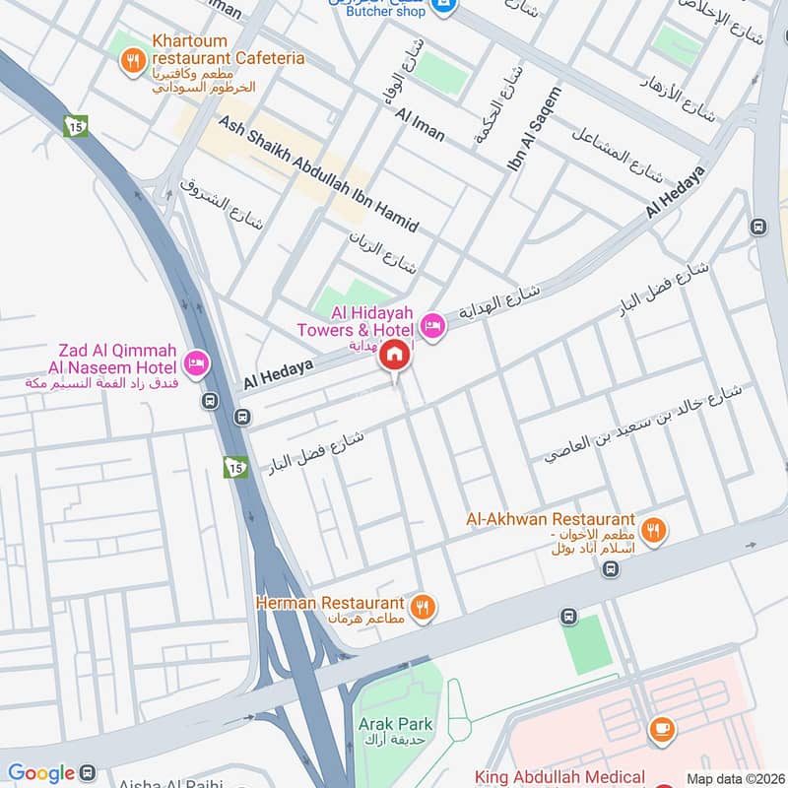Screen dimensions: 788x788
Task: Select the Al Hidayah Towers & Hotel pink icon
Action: pos(432,324)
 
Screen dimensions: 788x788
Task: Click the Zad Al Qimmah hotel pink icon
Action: pos(198,363)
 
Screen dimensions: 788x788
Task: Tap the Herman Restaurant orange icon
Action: pos(424,607)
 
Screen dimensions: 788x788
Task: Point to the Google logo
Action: pos(41,773)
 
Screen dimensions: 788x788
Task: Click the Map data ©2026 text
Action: pos(733,778)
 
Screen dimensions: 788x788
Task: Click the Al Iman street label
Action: pos(421,125)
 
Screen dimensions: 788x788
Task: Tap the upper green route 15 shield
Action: pos(76,126)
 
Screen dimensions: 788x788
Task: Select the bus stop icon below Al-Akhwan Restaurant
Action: pos(612,568)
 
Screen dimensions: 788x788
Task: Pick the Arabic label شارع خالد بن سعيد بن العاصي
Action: pos(642,425)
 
